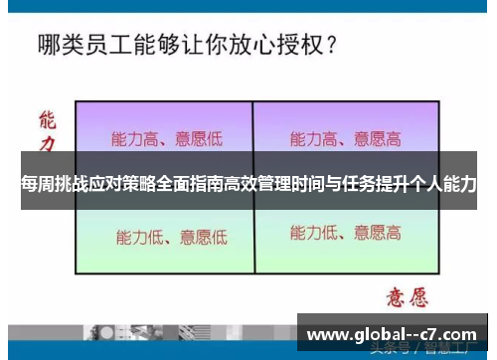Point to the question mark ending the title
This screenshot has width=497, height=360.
(329, 46)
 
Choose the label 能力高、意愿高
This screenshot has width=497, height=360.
(346, 138)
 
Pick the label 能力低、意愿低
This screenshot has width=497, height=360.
(172, 237)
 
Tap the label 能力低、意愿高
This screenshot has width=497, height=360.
(346, 235)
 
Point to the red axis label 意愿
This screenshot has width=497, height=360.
(405, 296)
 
